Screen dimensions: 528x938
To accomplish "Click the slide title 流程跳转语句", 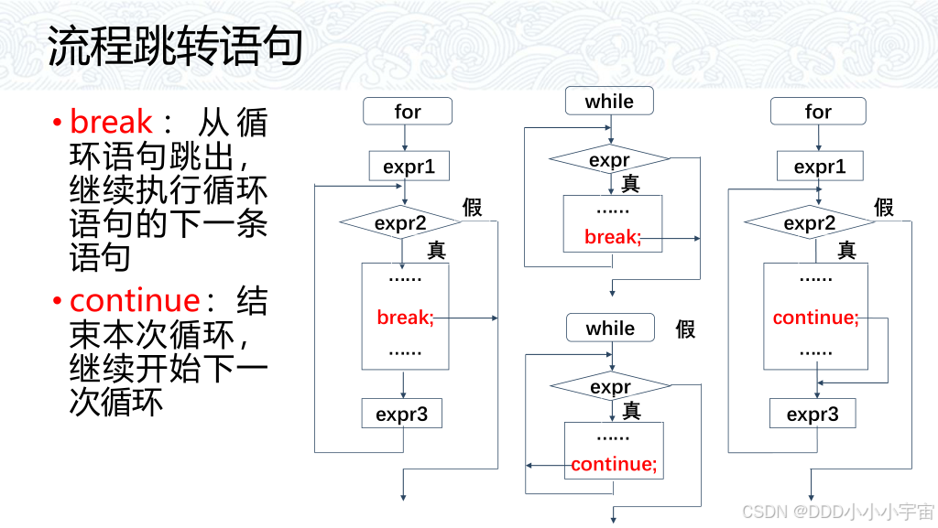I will point(174,45).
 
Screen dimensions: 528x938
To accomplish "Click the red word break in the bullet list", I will point(111,123).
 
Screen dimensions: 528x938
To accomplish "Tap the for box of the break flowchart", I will point(408,112).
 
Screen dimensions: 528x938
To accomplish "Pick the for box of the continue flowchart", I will point(818,112).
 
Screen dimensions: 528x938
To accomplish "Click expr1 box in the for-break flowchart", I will point(409,167).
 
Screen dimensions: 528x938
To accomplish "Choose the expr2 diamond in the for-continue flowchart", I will point(810,223).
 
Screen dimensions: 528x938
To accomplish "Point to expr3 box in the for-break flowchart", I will point(401,414).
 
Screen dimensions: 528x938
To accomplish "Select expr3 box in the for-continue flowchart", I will point(812,414).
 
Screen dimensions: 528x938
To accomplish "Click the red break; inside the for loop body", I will point(405,318).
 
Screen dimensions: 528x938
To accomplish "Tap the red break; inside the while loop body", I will point(612,238).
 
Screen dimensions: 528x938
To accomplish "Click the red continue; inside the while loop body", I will point(614,464).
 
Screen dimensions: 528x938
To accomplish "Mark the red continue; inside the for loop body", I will point(815,318).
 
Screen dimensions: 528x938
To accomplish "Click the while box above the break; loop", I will point(609,102).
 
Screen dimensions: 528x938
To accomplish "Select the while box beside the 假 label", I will point(610,329).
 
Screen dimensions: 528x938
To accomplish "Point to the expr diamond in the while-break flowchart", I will point(609,161).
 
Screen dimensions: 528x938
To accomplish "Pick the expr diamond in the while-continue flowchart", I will point(610,387).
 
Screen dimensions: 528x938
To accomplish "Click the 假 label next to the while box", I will point(685,329).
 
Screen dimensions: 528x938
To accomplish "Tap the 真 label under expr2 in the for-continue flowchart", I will point(847,249).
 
